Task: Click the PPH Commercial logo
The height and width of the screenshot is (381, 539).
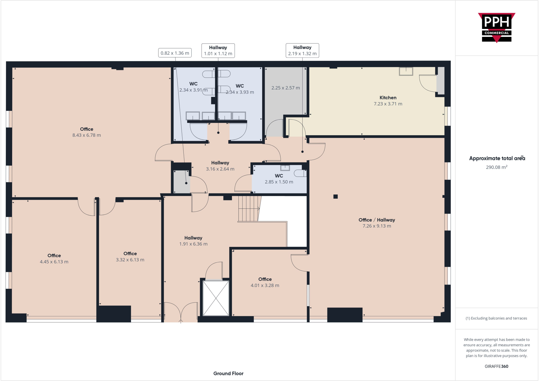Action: (x=496, y=27)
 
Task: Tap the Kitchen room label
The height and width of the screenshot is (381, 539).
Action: (x=388, y=98)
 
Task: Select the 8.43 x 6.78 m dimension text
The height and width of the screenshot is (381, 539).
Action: (x=87, y=135)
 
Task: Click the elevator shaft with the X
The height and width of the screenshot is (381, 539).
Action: (x=216, y=298)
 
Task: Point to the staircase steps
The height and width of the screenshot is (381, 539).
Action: (x=248, y=208)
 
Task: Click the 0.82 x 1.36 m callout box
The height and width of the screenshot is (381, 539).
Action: (x=175, y=53)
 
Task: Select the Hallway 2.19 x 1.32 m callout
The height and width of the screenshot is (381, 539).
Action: (x=302, y=51)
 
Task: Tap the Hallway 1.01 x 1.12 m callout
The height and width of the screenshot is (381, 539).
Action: (x=218, y=51)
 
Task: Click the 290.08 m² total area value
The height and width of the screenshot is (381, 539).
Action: (x=496, y=167)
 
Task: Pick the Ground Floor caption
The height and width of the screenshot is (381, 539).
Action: (x=228, y=373)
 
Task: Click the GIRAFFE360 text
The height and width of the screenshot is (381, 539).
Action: (x=496, y=366)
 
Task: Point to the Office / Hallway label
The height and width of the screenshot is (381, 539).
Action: (x=377, y=220)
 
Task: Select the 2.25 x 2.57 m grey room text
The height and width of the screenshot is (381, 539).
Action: (x=286, y=88)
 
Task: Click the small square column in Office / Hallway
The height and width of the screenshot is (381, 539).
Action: (x=335, y=197)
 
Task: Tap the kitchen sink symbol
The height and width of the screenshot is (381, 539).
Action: (x=406, y=71)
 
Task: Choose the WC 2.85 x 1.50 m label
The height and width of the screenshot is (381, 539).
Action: (x=279, y=179)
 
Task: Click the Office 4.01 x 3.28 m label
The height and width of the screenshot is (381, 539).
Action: (x=265, y=282)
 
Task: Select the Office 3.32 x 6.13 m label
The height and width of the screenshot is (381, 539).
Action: (x=130, y=256)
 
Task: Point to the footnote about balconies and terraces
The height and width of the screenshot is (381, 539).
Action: (x=496, y=318)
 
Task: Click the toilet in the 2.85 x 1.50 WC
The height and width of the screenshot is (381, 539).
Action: (x=300, y=173)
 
